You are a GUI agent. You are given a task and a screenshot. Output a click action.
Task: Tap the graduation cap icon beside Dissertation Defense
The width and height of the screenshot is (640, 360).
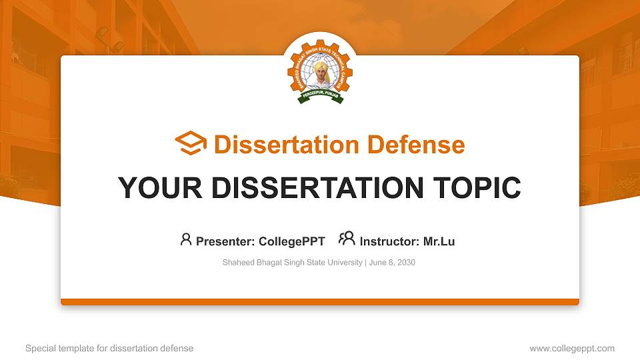[191, 144]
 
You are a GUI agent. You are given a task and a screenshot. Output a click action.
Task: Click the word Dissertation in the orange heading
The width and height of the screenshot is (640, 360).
[283, 145]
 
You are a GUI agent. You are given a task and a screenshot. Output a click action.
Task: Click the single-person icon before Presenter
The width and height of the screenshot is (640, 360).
[186, 239]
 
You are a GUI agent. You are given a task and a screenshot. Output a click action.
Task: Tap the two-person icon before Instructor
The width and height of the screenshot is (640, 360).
[347, 239]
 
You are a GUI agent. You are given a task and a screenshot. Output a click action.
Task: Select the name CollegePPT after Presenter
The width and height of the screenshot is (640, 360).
[292, 241]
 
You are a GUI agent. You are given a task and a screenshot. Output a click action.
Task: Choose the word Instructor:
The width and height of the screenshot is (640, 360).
[390, 241]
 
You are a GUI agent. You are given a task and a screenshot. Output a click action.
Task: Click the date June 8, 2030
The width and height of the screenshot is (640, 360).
[392, 263]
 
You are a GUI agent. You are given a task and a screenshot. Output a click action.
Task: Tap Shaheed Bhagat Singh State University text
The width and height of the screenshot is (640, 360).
[292, 263]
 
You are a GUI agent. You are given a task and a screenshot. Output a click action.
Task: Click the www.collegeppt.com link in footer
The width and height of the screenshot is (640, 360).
[572, 349]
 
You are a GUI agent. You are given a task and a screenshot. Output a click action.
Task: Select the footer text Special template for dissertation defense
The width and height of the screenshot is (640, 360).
[109, 349]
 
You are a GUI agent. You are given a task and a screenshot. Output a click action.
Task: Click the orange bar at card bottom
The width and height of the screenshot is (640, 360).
[320, 302]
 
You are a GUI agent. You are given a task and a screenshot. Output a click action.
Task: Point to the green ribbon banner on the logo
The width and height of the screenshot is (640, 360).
[320, 99]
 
